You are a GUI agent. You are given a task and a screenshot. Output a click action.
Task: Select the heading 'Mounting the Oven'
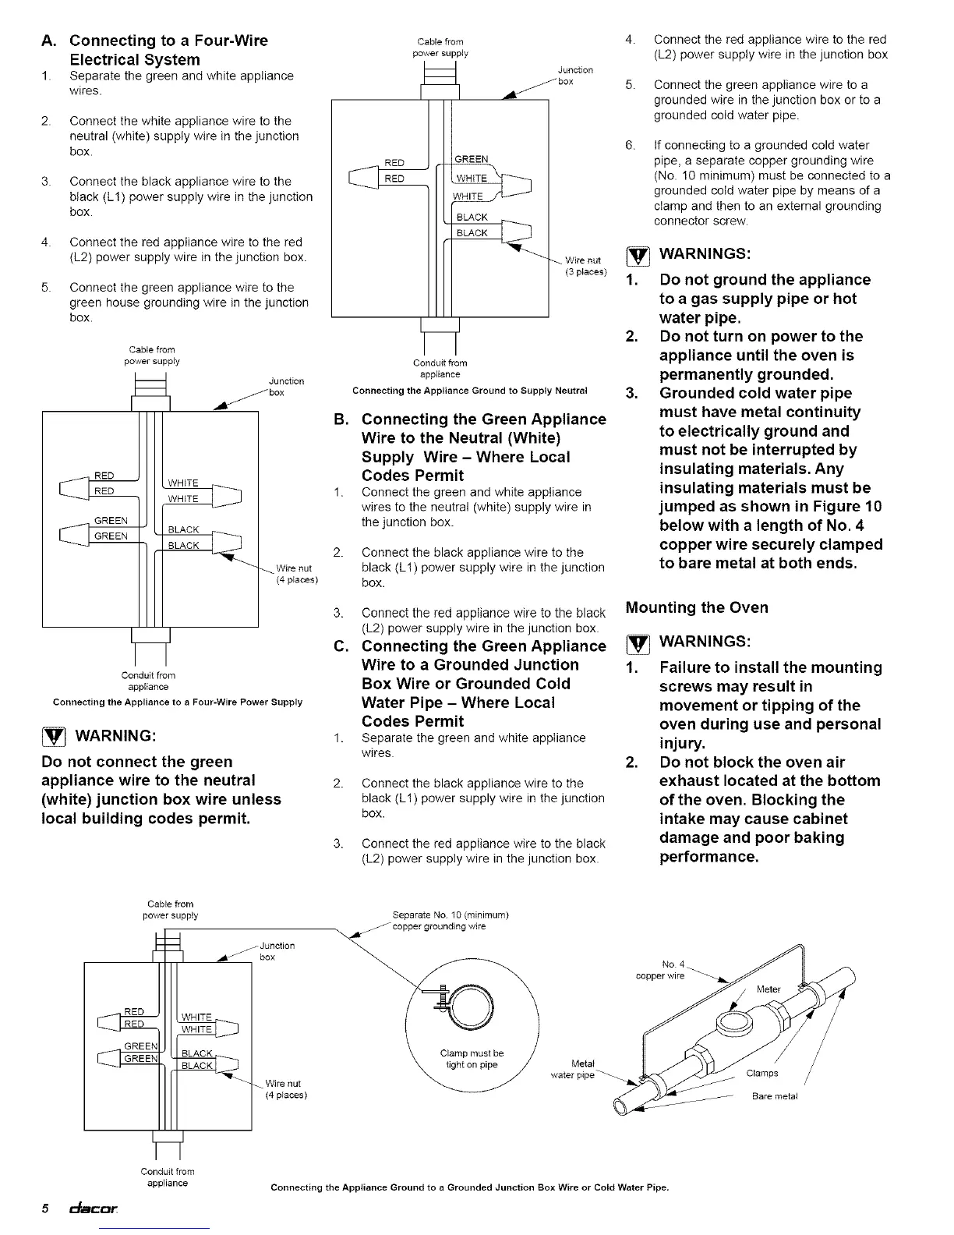(x=697, y=607)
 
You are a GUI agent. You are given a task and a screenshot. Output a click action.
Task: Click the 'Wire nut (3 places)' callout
(x=585, y=266)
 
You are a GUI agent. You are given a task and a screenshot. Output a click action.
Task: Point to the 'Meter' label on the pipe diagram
(x=768, y=989)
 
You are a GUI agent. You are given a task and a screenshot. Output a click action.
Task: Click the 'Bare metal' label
(x=775, y=1096)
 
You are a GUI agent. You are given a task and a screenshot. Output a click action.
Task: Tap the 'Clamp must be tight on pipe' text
(x=472, y=1059)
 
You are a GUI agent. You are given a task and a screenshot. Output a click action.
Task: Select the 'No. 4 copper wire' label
(x=660, y=970)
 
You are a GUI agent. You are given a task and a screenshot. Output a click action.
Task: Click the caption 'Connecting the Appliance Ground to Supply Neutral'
(x=469, y=391)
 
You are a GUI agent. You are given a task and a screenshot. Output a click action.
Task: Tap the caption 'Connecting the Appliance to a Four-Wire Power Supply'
(x=177, y=702)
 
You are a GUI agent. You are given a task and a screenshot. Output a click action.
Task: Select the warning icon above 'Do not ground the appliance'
(x=637, y=255)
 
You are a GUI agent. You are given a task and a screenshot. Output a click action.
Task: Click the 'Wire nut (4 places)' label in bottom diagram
(x=286, y=1089)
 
